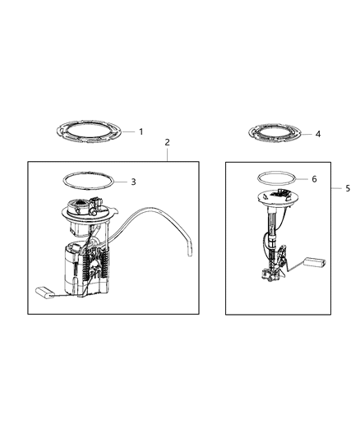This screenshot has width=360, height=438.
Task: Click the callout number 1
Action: tap(141, 131)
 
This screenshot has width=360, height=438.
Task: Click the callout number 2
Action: tap(168, 142)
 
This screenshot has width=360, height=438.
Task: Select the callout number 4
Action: tap(317, 132)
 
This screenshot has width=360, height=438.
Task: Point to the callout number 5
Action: tap(347, 188)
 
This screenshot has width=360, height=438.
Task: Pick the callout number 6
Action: tap(314, 179)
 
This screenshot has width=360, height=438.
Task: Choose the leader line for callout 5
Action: tap(337, 188)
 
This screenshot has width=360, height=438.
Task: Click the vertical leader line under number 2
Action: tap(168, 154)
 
